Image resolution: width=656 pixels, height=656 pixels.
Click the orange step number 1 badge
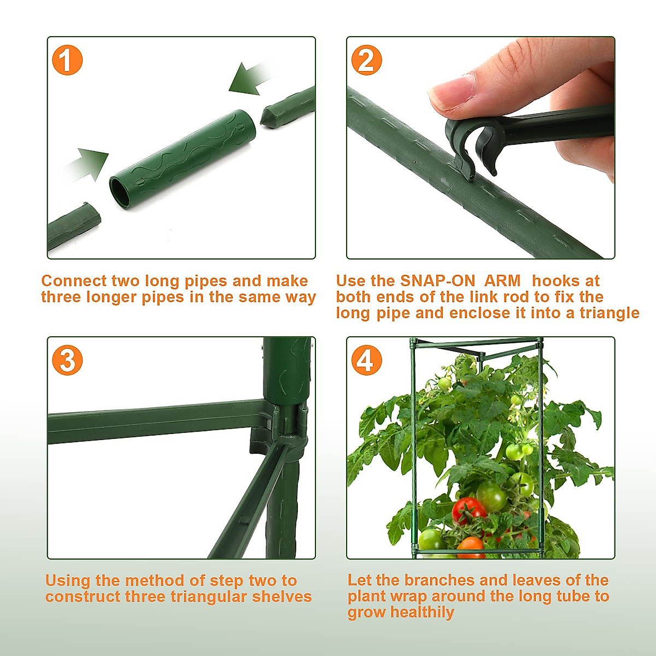tap(67, 60)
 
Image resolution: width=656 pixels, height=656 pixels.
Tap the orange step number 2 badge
tap(367, 60)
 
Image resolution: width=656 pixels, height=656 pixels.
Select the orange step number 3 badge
tap(67, 360)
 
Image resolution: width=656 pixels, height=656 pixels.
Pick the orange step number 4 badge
tap(367, 360)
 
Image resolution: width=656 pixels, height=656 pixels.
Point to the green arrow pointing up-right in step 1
tap(87, 165)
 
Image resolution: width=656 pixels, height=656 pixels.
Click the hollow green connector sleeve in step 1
tap(183, 159)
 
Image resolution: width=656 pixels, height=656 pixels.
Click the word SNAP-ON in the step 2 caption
tap(437, 281)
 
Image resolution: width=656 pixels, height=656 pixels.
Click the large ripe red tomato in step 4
tap(469, 510)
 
